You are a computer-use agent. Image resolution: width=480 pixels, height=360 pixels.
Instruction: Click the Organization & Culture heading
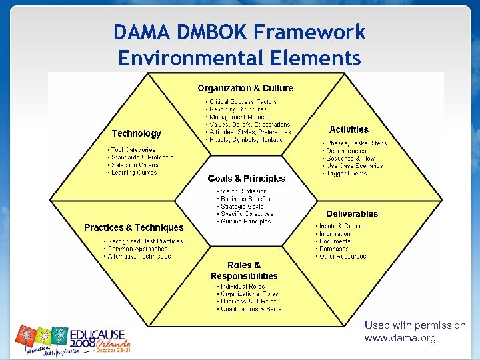point(245,88)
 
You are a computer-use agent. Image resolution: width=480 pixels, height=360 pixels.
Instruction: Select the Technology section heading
point(137,133)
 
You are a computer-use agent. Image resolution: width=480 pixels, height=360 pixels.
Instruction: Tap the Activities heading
point(349,129)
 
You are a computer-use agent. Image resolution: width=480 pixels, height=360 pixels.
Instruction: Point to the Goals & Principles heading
point(247,179)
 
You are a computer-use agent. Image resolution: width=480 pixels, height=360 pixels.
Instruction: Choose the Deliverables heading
point(352,214)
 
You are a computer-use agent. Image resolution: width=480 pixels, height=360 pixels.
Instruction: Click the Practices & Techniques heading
point(133,227)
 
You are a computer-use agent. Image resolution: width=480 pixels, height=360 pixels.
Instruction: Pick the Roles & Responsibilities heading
point(244,271)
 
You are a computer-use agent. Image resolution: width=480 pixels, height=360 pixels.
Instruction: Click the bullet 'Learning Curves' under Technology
point(134,173)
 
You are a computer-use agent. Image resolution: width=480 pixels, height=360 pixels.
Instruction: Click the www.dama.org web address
point(400,338)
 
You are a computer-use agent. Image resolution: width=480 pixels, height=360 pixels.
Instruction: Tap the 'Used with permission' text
point(415,325)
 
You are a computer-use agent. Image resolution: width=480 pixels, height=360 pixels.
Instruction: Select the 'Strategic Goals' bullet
point(241,207)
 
